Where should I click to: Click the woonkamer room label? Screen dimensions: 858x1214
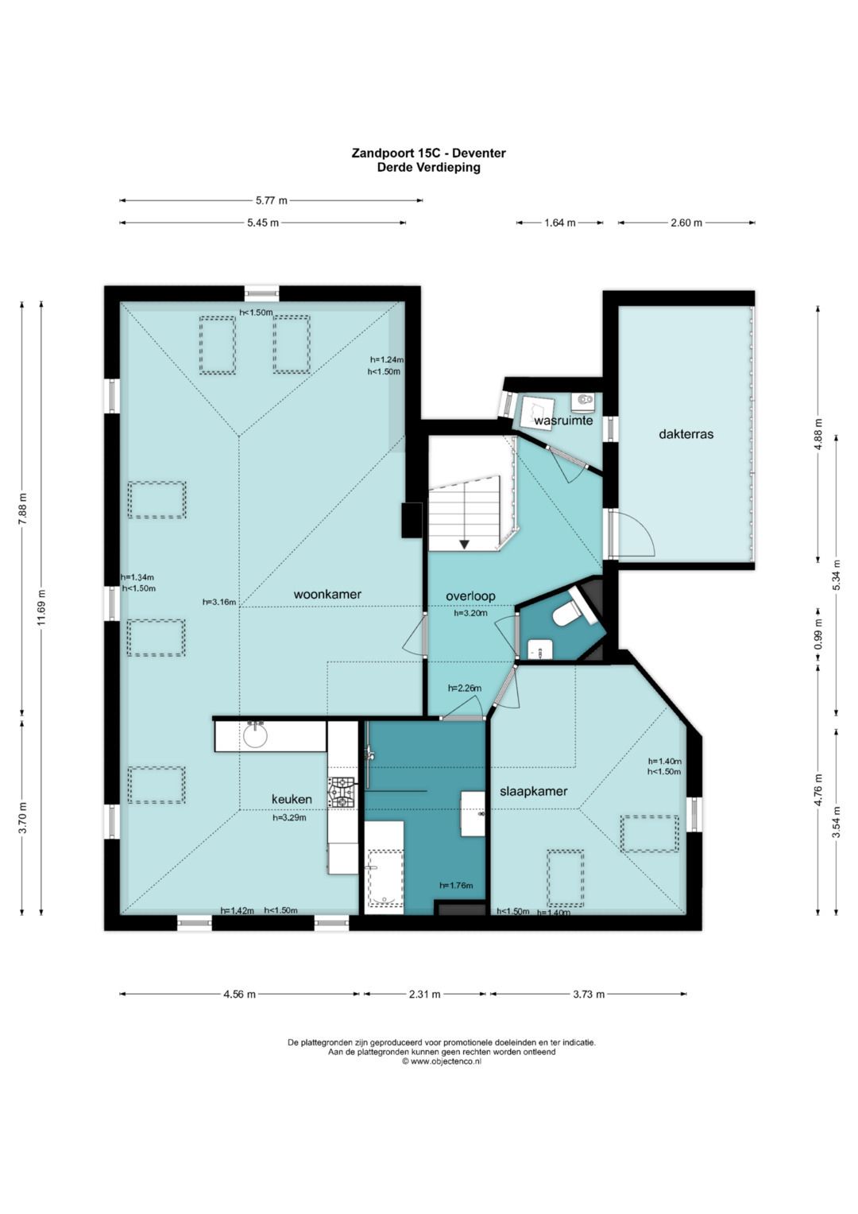click(327, 595)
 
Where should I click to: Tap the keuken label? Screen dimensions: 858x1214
click(292, 800)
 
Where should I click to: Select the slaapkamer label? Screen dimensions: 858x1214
click(534, 792)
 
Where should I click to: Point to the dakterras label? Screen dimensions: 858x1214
click(686, 434)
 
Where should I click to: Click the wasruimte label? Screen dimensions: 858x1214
click(563, 421)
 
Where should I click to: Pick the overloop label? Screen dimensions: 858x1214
click(470, 596)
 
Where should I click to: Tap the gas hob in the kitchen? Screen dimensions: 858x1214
click(342, 792)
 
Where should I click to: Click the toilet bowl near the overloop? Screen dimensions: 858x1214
click(565, 614)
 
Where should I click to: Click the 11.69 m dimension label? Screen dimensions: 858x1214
click(41, 607)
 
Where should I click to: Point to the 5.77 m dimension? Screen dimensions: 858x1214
click(272, 200)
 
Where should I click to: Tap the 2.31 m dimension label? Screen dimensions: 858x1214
click(425, 994)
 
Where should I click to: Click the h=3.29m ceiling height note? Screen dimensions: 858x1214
click(289, 818)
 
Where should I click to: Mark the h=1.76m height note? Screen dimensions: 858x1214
click(456, 886)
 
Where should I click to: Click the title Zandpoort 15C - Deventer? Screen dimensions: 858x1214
click(428, 153)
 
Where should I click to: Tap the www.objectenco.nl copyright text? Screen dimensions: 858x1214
click(442, 1061)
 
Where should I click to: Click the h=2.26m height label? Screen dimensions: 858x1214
click(465, 688)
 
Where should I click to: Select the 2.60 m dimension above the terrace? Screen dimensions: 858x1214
click(686, 222)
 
